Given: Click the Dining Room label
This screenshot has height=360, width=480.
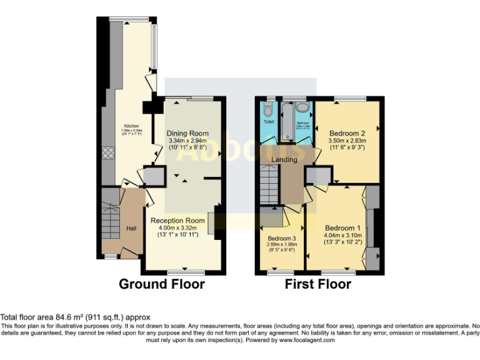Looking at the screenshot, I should [x=187, y=134].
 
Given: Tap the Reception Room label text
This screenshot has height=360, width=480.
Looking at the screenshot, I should [x=177, y=221].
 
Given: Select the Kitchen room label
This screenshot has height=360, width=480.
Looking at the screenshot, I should [x=131, y=126].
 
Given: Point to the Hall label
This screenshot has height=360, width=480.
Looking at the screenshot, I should [x=131, y=229].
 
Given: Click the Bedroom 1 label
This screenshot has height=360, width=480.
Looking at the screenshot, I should [x=342, y=227].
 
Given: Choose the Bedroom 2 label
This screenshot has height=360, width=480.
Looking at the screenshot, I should [x=347, y=133].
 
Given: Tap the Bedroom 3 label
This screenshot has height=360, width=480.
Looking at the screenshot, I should [x=282, y=239].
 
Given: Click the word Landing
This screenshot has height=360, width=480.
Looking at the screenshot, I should [x=284, y=159].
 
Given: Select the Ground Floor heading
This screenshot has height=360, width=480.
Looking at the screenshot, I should [x=162, y=284].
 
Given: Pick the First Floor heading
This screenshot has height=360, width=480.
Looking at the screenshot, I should [x=317, y=284].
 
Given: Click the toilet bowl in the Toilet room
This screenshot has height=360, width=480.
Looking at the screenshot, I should [x=269, y=109].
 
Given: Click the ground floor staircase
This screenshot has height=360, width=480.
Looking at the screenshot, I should [x=111, y=219].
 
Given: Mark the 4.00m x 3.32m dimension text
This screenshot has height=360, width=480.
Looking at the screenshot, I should [x=177, y=228].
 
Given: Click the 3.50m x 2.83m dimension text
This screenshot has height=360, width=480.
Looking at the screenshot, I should [x=347, y=141].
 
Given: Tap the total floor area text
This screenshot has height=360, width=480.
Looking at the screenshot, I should [x=75, y=317].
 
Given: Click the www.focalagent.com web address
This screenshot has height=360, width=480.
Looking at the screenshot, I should [x=307, y=341].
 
